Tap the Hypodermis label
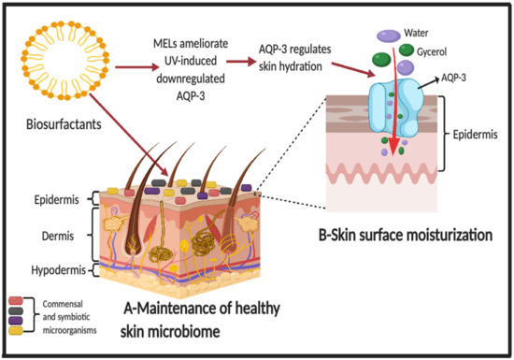[x=49, y=271]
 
